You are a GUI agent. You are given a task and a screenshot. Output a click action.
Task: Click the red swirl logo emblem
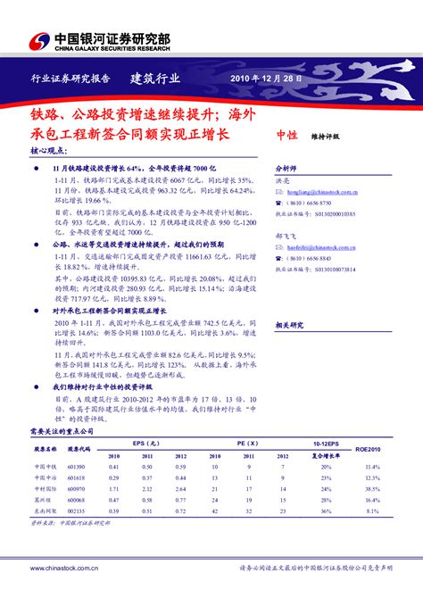point(40,41)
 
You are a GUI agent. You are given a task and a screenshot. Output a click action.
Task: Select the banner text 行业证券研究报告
point(70,79)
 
